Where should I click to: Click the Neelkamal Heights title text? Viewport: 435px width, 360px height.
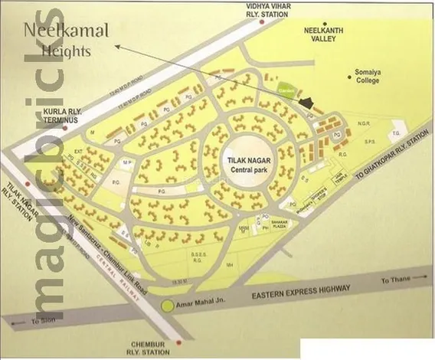[x=64, y=40]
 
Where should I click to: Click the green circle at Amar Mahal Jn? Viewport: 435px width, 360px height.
[x=168, y=307]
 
